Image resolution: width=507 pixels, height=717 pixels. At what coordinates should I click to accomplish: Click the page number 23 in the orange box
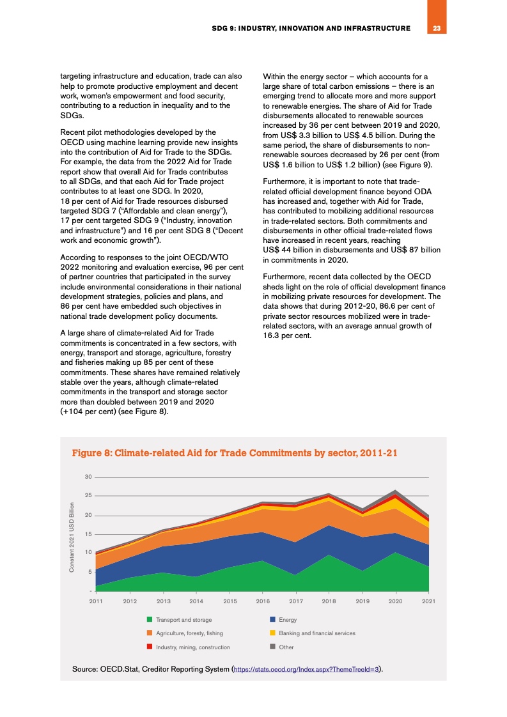tap(437, 28)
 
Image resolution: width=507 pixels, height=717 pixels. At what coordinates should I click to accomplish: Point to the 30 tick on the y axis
tap(88, 477)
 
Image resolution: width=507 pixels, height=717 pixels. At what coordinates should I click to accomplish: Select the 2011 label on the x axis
tap(96, 601)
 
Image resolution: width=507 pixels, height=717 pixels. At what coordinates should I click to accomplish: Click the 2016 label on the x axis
tap(262, 601)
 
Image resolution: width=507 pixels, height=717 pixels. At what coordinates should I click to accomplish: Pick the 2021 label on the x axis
tap(429, 601)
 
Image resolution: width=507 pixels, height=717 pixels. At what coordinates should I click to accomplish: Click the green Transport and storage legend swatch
tap(150, 619)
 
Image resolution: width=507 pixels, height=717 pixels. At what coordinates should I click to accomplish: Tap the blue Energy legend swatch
tap(272, 619)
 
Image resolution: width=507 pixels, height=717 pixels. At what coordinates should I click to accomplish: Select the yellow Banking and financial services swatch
tap(272, 633)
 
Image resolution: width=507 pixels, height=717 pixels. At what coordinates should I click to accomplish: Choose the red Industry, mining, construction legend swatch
tap(150, 647)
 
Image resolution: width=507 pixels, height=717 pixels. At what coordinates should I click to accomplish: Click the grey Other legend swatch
tap(272, 647)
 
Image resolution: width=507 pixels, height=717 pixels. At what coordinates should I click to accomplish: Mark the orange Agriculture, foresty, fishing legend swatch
tap(150, 633)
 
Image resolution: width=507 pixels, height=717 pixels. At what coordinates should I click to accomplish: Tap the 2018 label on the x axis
tap(329, 601)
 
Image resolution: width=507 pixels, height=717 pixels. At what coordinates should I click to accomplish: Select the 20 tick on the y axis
tap(88, 515)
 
